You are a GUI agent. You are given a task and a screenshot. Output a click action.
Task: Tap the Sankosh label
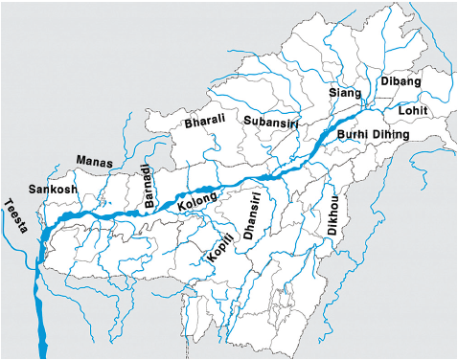[51, 190]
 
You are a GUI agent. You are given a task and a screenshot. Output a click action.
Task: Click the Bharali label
[203, 121]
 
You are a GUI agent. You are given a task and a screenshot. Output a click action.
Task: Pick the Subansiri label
[272, 122]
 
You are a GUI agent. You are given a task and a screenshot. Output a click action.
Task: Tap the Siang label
[344, 93]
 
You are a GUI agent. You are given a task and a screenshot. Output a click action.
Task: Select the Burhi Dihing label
[372, 135]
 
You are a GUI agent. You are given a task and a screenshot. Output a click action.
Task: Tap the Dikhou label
[334, 214]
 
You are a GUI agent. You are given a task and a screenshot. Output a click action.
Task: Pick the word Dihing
[390, 135]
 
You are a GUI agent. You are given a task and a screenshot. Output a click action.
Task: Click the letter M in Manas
[80, 160]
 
